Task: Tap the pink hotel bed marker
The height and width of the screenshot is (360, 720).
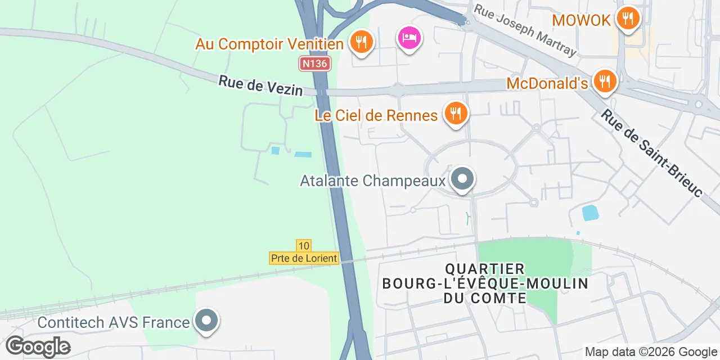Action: (409, 38)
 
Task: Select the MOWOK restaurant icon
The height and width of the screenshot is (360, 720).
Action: (627, 19)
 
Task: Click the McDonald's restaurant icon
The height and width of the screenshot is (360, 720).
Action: (605, 82)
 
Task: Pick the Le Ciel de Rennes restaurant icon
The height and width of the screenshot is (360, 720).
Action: (456, 114)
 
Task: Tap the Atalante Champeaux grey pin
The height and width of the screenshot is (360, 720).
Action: (462, 179)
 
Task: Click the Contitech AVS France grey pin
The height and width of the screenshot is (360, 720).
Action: (206, 321)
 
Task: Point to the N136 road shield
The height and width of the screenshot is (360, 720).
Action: (314, 64)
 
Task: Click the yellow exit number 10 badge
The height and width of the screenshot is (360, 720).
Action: (304, 245)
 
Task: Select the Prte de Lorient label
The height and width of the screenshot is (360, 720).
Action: (304, 258)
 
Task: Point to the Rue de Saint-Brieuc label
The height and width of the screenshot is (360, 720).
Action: (651, 152)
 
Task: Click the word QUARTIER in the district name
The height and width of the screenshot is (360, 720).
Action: (485, 269)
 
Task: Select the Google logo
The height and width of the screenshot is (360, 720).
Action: (38, 346)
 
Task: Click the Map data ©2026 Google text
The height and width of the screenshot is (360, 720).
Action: (650, 352)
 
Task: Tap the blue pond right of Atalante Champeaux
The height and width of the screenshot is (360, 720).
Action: (590, 213)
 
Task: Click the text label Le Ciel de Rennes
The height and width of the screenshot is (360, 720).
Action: (376, 116)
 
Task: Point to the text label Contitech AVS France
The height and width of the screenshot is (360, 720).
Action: (114, 322)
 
